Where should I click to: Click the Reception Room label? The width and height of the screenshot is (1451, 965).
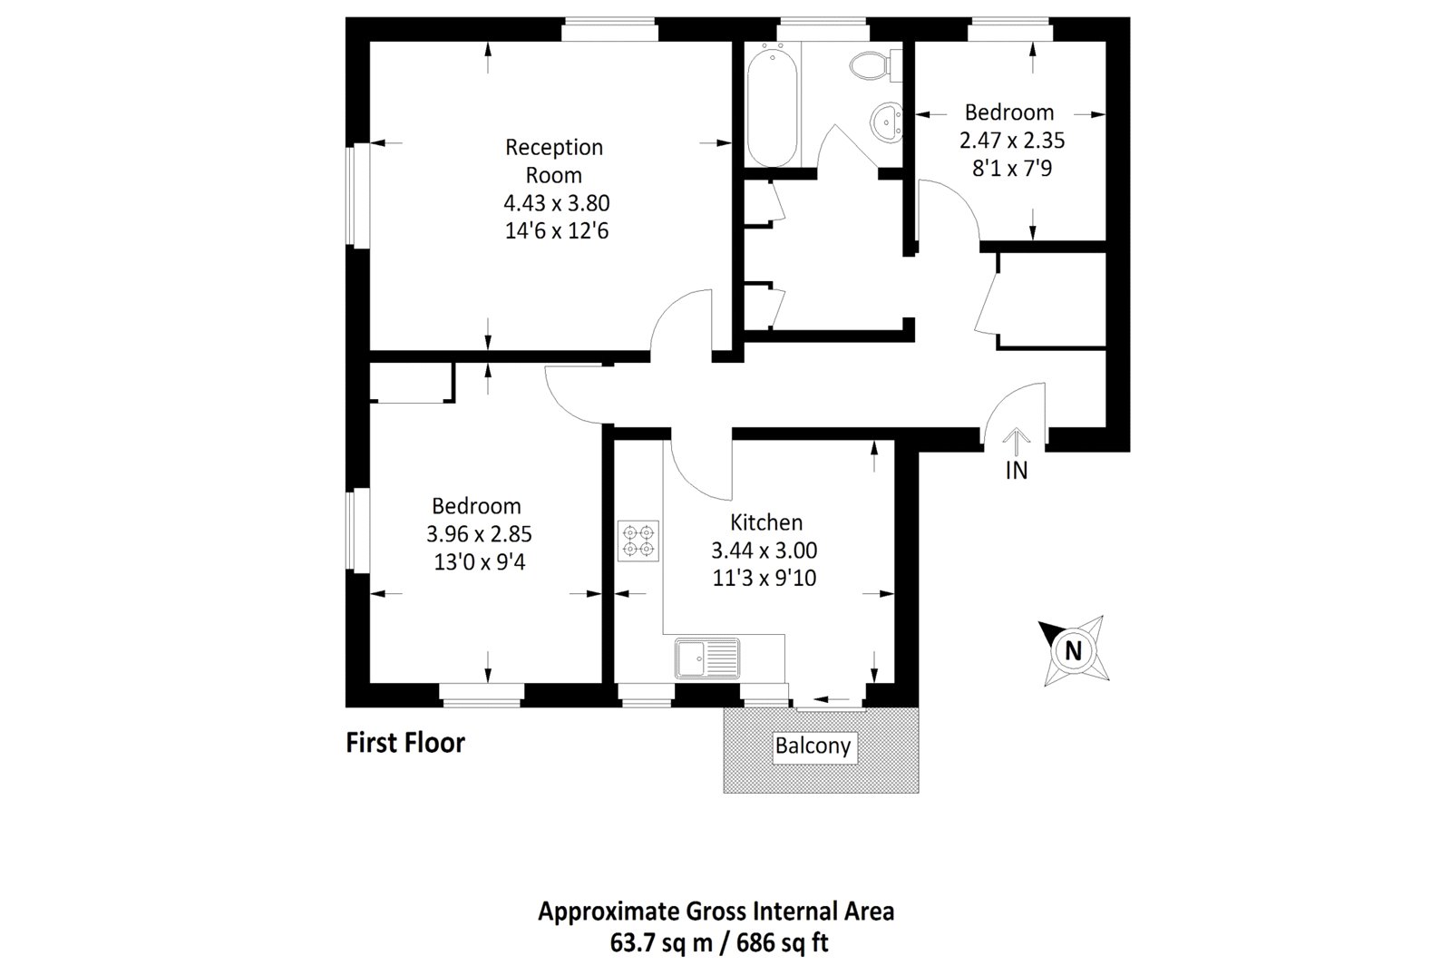tap(554, 161)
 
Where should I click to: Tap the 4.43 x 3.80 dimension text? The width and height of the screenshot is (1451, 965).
tap(556, 203)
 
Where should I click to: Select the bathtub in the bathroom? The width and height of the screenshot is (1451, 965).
tap(772, 107)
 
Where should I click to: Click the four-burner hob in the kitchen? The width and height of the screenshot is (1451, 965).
tap(638, 541)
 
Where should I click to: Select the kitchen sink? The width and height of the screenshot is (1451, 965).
tap(707, 658)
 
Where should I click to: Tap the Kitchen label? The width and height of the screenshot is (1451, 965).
tap(766, 522)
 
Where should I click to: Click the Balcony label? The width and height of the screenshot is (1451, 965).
tap(813, 746)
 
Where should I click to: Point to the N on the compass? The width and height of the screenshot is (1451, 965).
tap(1073, 650)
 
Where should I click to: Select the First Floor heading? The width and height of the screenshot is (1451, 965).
tap(405, 743)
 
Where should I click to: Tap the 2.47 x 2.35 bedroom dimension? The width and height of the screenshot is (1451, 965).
tap(1011, 141)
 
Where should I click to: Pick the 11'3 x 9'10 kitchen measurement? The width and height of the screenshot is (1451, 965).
tap(764, 578)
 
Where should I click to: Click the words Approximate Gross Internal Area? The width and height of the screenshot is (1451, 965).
tap(716, 911)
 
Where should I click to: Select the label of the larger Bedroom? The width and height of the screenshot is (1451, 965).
tap(476, 506)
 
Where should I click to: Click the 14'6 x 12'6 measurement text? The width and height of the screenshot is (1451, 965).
tap(556, 231)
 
